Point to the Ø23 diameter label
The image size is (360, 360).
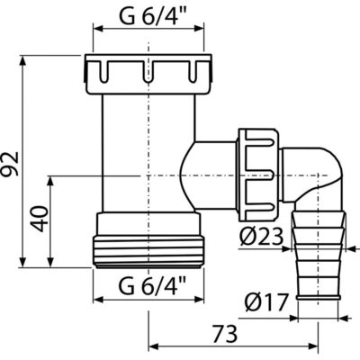click(262, 237)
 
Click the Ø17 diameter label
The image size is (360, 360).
click(265, 302)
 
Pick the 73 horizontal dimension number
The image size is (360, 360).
click(224, 334)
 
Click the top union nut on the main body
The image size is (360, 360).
click(148, 74)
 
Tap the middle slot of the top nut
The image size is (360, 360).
click(148, 71)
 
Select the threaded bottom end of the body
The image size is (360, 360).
click(148, 251)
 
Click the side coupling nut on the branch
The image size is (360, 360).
click(258, 175)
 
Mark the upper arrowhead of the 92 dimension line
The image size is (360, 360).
click(22, 61)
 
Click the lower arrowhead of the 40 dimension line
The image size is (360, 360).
click(50, 261)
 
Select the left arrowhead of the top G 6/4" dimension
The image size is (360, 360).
click(99, 29)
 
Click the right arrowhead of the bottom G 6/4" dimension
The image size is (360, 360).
click(198, 300)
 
